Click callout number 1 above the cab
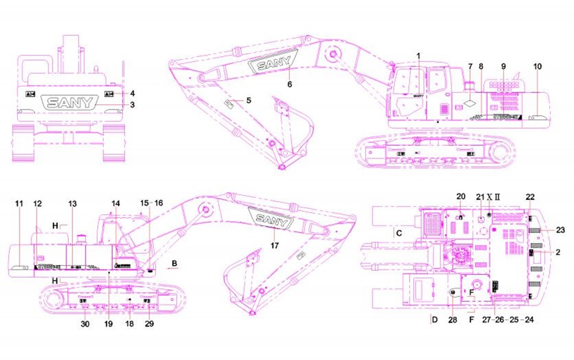(x=418, y=56)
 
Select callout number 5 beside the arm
(x=249, y=101)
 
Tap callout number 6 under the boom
(x=290, y=84)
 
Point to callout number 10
(x=537, y=66)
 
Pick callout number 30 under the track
(x=85, y=324)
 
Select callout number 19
(x=108, y=324)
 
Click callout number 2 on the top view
(x=558, y=252)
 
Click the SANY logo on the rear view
(x=72, y=102)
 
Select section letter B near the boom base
(x=174, y=263)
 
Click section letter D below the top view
(x=434, y=319)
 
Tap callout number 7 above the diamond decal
(x=470, y=66)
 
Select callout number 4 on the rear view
(x=133, y=93)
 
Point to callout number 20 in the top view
(x=461, y=196)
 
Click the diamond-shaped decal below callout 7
(x=471, y=103)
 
